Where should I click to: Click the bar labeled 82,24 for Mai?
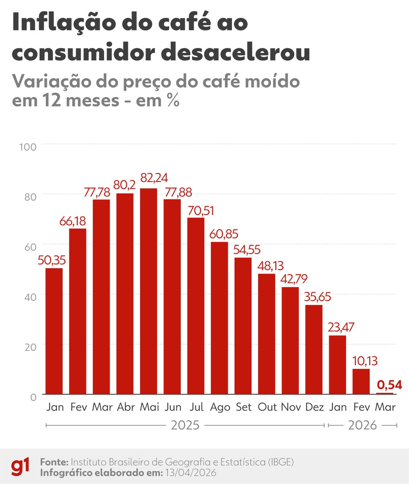(148, 291)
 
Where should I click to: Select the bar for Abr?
(125, 294)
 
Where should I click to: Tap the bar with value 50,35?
(54, 331)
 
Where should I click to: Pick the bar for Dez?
(314, 349)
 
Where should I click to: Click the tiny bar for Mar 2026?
(384, 393)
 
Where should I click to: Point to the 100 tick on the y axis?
(28, 146)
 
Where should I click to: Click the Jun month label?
(172, 407)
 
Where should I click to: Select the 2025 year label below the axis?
(185, 425)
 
